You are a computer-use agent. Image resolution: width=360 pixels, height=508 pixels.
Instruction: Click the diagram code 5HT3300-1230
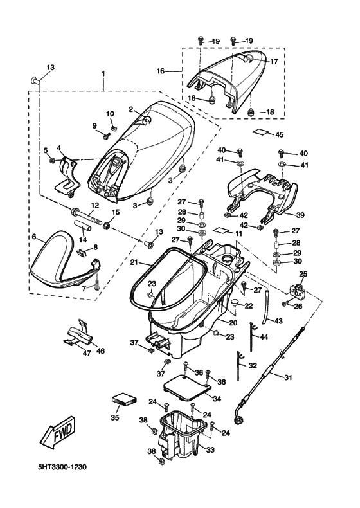pyautogui.click(x=62, y=467)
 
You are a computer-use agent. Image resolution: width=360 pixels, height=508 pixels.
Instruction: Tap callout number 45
pyautogui.click(x=279, y=134)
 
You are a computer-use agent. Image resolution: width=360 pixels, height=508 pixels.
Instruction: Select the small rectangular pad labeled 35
pyautogui.click(x=124, y=399)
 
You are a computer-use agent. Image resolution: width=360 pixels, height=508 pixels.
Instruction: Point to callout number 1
pyautogui.click(x=103, y=73)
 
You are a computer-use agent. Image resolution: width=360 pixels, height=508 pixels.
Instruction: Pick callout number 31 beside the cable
pyautogui.click(x=288, y=377)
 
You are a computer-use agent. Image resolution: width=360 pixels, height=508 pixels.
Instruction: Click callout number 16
pyautogui.click(x=161, y=71)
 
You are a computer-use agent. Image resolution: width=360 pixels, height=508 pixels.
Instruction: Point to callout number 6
pyautogui.click(x=34, y=237)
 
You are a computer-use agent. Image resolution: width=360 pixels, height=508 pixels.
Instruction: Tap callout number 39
pyautogui.click(x=300, y=215)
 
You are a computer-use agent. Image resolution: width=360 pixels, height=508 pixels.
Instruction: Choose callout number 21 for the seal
pyautogui.click(x=134, y=262)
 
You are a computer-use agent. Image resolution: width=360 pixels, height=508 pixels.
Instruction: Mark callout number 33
pyautogui.click(x=210, y=449)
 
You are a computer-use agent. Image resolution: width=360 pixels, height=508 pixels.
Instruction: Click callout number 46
pyautogui.click(x=100, y=350)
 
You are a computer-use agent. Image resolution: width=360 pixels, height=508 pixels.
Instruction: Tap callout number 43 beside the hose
pyautogui.click(x=278, y=321)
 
